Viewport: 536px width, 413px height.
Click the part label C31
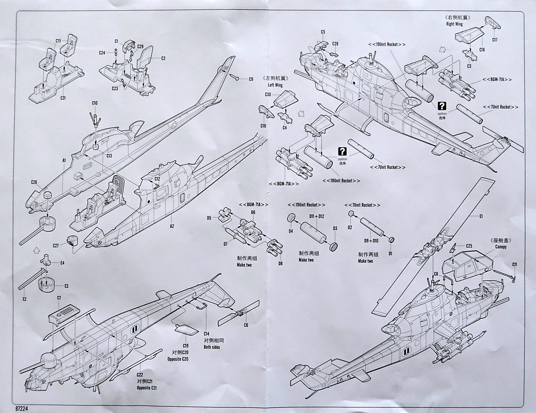tap(63, 98)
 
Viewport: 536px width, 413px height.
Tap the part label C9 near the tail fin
tap(251, 79)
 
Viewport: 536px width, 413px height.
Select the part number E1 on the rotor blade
tap(481, 217)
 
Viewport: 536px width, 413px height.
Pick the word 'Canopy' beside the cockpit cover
tap(500, 247)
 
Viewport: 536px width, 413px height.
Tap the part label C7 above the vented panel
tap(59, 298)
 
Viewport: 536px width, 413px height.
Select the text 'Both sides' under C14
tap(212, 348)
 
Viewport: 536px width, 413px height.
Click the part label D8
tap(280, 263)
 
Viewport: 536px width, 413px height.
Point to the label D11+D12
tap(316, 216)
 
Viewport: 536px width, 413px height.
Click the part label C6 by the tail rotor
tap(246, 325)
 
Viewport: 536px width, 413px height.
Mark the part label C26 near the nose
tap(34, 182)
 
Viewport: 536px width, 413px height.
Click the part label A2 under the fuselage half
tap(172, 226)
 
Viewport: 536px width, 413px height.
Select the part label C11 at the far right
tap(515, 264)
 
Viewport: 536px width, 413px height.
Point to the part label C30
tap(268, 95)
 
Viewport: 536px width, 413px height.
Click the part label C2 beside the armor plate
tap(163, 59)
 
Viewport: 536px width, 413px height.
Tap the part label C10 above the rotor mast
tap(95, 103)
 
